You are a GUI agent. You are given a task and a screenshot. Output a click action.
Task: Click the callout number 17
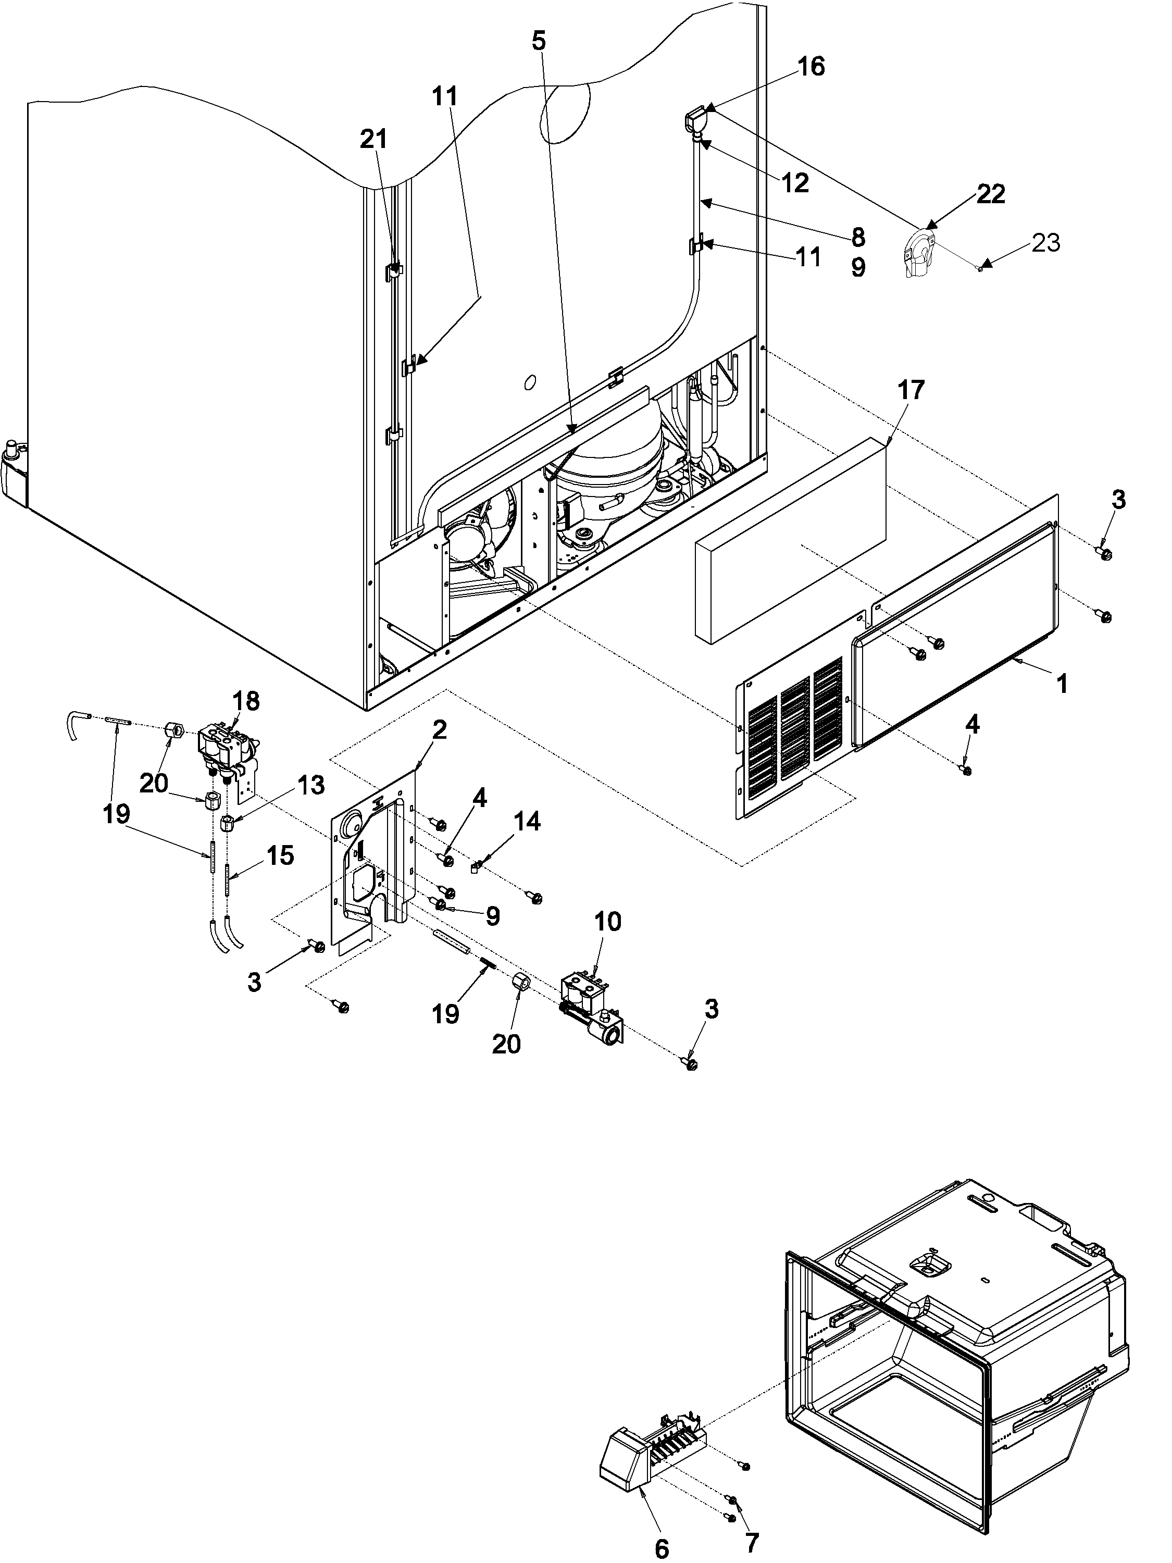click(911, 390)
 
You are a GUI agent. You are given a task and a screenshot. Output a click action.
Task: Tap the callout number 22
click(990, 194)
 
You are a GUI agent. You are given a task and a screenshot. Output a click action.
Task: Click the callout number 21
click(373, 139)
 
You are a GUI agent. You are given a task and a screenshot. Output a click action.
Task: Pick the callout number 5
click(538, 41)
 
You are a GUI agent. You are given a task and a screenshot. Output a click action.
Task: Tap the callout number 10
click(607, 922)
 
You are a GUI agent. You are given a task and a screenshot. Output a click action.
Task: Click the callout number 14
click(527, 821)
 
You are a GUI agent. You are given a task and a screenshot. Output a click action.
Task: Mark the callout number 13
click(309, 785)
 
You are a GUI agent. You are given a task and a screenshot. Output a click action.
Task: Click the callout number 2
click(439, 730)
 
